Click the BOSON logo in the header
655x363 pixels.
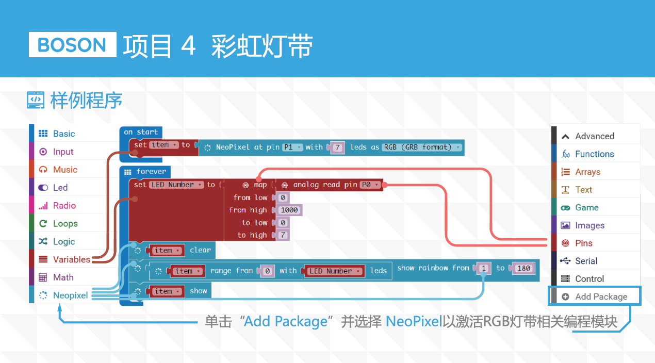click(72, 45)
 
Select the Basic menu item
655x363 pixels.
click(57, 134)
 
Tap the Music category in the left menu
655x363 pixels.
click(58, 170)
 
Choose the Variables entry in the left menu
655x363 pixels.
click(64, 259)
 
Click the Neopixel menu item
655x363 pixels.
click(63, 295)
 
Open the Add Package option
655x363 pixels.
click(595, 296)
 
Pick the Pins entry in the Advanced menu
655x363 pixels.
click(577, 243)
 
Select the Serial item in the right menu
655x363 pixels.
click(579, 261)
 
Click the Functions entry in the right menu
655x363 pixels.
click(588, 154)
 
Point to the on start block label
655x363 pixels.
click(141, 132)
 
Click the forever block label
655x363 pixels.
click(151, 171)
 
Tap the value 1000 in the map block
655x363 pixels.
click(289, 210)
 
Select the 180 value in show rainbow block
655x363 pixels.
click(523, 268)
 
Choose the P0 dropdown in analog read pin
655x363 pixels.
click(370, 185)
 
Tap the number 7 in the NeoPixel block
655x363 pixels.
click(337, 147)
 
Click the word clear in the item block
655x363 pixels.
click(200, 250)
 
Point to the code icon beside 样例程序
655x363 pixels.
click(36, 100)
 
